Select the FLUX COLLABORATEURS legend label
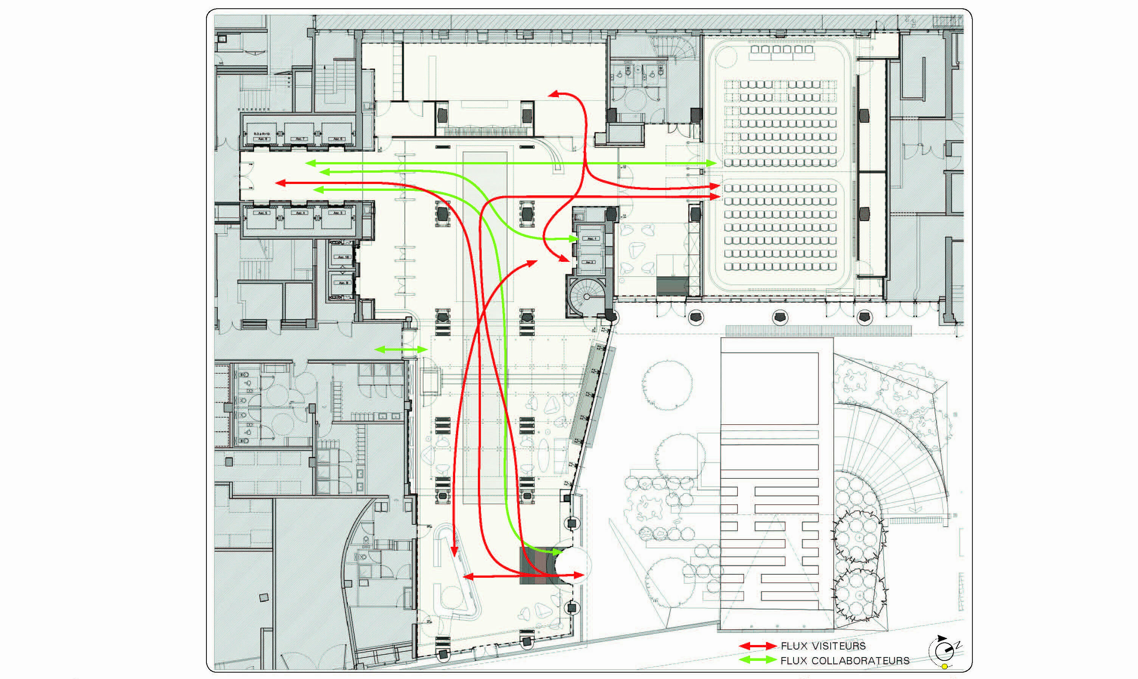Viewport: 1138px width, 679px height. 845,661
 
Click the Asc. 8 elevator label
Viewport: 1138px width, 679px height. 262,139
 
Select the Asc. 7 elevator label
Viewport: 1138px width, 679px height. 300,139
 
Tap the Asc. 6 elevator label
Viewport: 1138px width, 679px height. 337,139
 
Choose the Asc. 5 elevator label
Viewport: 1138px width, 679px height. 262,213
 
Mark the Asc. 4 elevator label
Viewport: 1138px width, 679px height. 300,213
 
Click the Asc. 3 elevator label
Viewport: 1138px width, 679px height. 338,213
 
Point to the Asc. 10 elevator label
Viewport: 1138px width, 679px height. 343,257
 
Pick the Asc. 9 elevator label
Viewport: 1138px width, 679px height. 343,283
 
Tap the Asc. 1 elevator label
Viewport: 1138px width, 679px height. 591,239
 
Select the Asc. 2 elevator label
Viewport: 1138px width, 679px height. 589,262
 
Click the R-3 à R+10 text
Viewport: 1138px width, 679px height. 262,134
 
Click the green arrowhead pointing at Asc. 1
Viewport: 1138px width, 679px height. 575,239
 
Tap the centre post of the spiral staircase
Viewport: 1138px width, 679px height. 586,297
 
